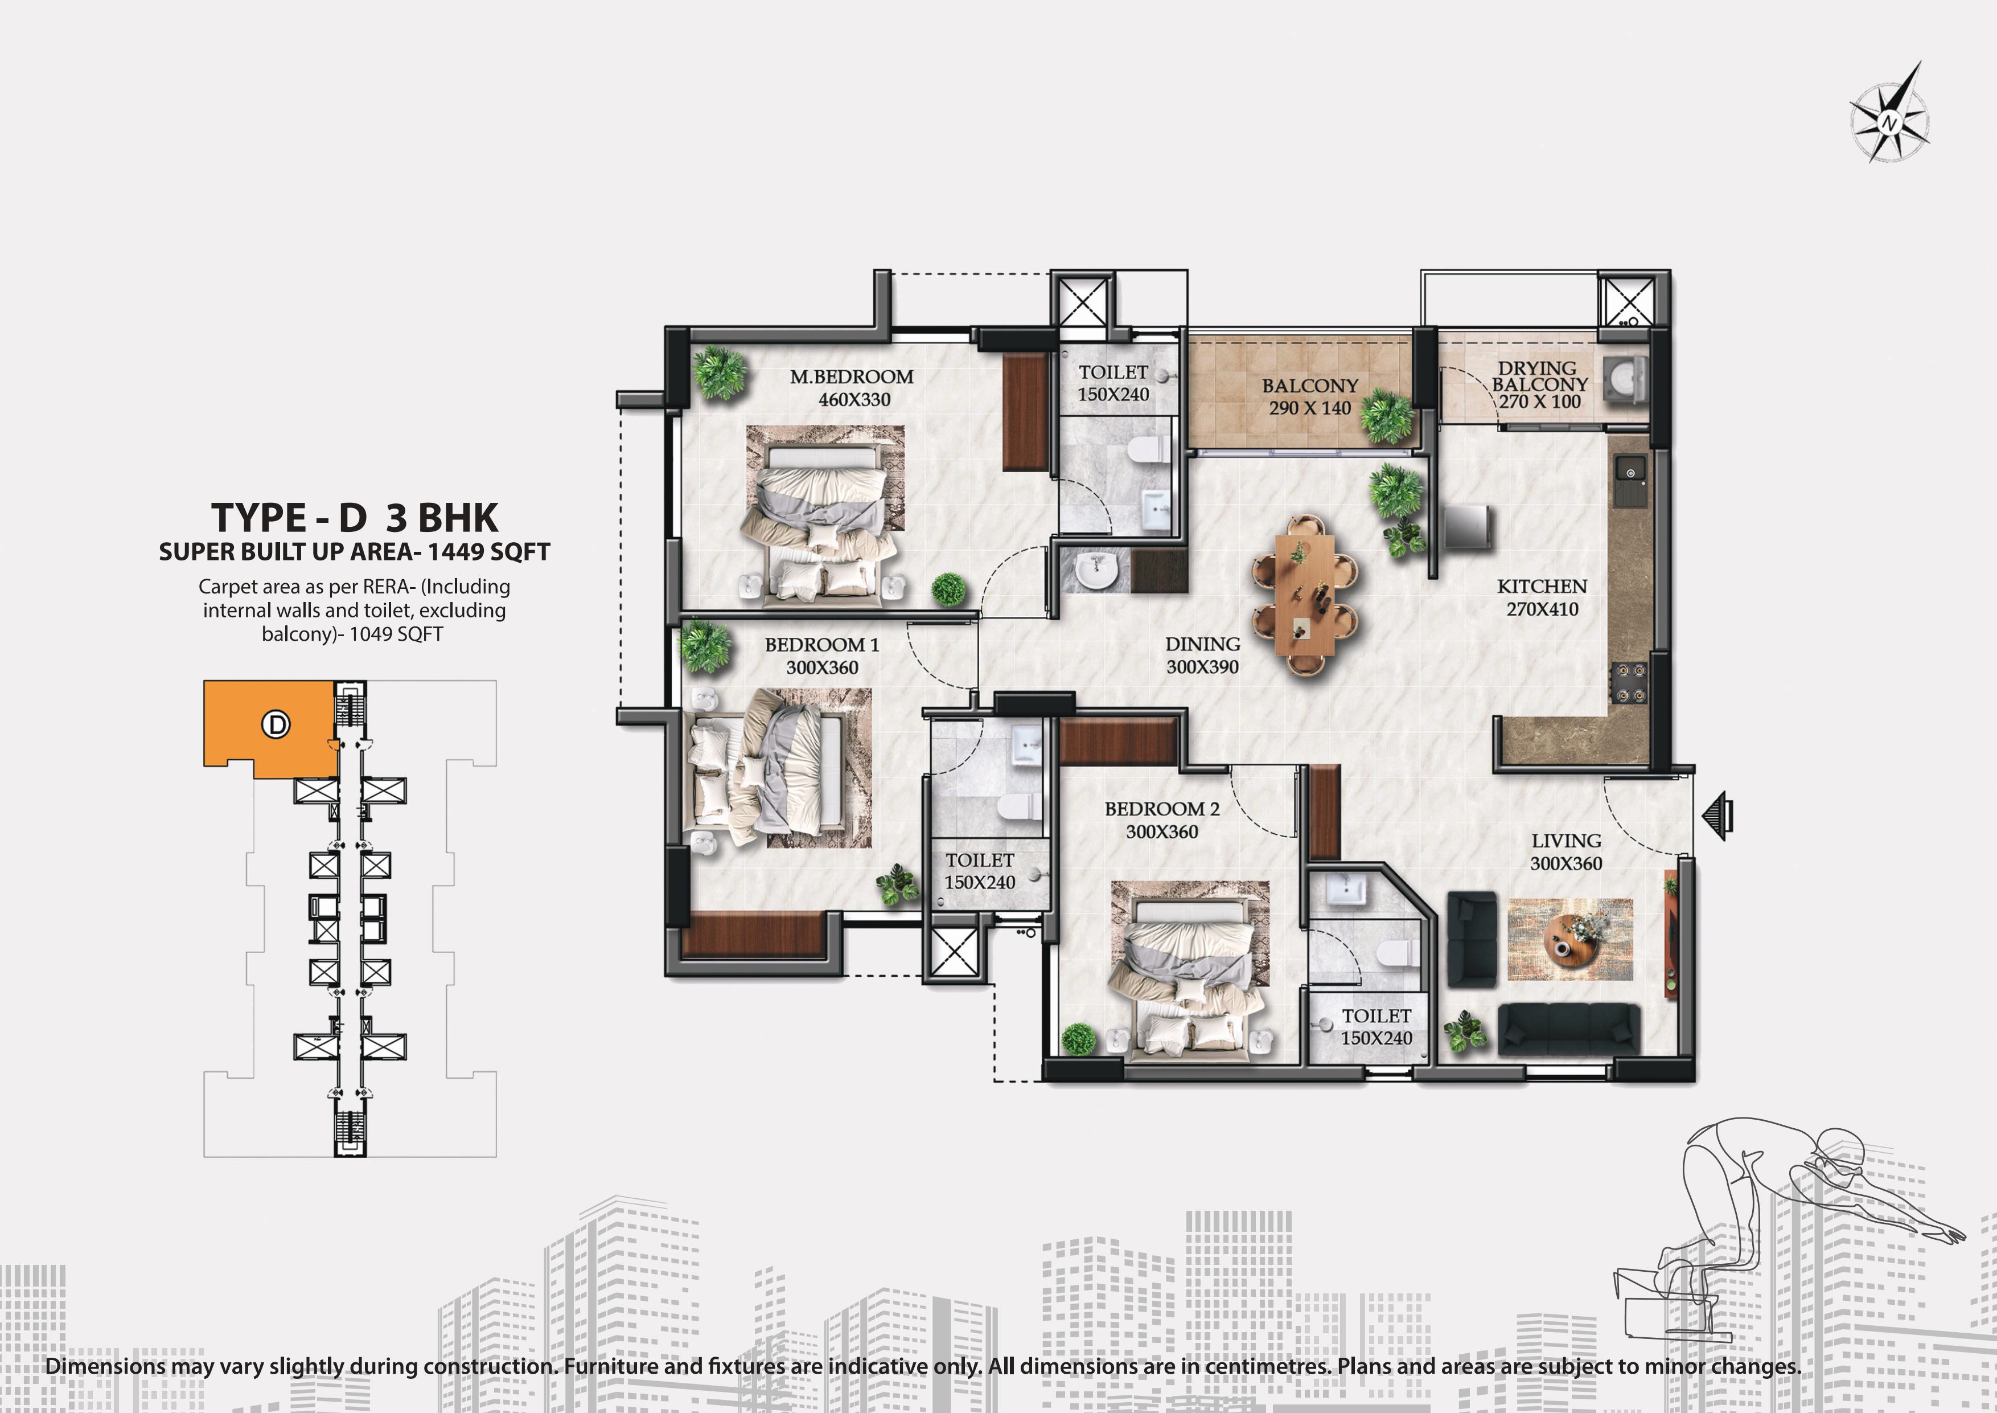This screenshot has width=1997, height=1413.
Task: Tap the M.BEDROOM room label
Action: click(x=852, y=376)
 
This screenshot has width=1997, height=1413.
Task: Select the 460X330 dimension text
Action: click(x=854, y=399)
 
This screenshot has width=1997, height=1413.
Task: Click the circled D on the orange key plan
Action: click(x=277, y=724)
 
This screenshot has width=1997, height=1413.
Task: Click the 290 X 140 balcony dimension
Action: click(x=1310, y=408)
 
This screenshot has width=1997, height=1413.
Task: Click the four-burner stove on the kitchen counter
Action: click(x=1629, y=682)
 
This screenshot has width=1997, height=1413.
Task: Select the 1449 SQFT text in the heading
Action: click(x=489, y=552)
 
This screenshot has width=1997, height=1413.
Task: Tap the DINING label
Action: click(x=1203, y=644)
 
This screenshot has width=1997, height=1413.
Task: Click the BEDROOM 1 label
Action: click(x=822, y=645)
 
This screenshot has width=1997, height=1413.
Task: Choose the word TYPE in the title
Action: click(x=258, y=518)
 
